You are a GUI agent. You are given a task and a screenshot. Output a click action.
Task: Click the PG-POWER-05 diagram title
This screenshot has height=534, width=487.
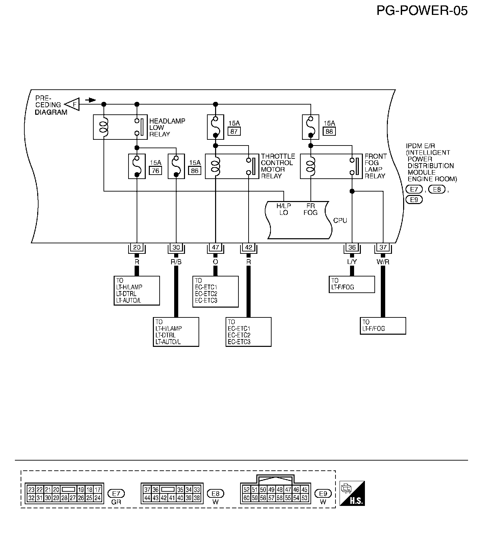[422, 11]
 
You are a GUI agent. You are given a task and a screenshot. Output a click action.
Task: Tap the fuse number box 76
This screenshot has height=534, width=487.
[155, 171]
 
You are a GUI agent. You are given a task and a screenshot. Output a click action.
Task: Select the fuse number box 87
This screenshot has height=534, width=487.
[234, 131]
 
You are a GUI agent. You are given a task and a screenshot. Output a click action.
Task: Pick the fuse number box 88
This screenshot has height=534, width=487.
[329, 131]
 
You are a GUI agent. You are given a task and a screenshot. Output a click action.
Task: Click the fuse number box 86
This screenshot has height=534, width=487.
[194, 171]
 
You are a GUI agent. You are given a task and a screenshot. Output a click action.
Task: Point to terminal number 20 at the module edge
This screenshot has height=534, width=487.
[137, 247]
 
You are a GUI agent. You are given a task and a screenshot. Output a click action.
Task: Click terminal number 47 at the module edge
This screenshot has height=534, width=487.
[215, 247]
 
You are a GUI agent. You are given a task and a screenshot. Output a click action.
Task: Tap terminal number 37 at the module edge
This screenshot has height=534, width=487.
[383, 247]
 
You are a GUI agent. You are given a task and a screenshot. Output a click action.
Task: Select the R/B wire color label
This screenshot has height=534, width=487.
[176, 262]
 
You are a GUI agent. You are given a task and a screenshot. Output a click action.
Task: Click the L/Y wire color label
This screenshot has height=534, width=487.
[352, 262]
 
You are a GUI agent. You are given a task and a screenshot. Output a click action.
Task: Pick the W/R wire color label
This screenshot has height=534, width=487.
[383, 262]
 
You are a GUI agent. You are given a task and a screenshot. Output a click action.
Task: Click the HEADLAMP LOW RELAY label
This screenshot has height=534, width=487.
[167, 128]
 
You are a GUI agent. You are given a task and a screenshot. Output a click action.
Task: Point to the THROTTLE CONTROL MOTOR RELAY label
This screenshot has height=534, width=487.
[278, 166]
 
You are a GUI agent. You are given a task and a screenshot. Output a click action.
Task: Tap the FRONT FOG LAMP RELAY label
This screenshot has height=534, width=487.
[375, 166]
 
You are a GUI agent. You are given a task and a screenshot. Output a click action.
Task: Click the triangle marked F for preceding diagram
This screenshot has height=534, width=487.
[72, 104]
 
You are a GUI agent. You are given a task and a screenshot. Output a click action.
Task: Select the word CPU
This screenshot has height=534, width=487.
[340, 220]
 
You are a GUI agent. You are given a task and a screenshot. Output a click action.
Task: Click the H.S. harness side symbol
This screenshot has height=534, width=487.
[352, 493]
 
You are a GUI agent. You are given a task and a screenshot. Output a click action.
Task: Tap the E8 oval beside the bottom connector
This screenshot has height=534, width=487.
[215, 493]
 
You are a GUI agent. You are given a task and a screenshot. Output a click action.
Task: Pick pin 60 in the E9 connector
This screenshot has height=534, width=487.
[247, 498]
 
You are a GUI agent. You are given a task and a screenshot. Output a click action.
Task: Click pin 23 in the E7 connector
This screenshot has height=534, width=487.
[31, 489]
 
